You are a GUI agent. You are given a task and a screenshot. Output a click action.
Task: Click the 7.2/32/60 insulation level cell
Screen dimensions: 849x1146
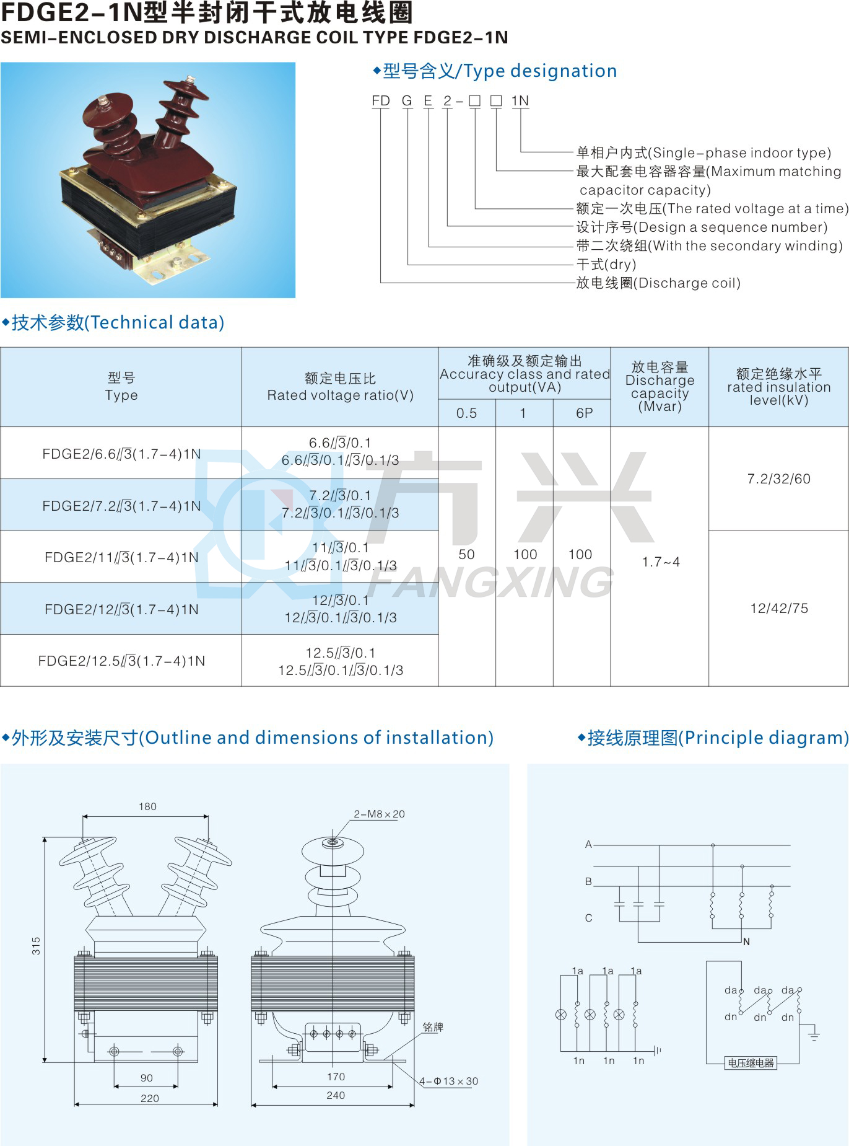(778, 478)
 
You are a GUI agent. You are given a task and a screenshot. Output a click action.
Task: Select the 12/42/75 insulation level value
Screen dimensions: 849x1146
(779, 608)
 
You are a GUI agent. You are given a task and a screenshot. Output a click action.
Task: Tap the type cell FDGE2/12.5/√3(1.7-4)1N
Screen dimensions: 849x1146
(121, 661)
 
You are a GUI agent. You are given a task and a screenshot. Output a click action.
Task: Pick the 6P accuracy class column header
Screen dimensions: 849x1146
(584, 413)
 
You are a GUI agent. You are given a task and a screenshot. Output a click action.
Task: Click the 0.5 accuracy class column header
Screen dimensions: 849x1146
(466, 413)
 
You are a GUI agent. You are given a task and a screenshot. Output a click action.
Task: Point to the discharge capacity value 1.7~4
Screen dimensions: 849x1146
(661, 562)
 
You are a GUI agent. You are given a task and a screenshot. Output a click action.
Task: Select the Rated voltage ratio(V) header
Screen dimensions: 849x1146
(340, 395)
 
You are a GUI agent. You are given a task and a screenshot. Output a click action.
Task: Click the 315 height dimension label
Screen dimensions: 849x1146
(36, 945)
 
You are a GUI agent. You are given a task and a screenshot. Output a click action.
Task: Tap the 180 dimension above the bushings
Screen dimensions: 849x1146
(147, 806)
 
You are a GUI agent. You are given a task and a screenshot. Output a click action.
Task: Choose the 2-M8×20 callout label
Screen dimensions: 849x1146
(379, 814)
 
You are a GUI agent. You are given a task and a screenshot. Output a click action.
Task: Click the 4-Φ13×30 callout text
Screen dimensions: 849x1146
(448, 1081)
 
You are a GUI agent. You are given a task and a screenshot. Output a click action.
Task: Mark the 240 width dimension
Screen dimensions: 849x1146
(336, 1095)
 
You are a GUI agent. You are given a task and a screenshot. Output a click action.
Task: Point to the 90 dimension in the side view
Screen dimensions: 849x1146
(147, 1078)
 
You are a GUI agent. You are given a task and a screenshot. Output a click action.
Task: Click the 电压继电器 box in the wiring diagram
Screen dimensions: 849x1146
(751, 1063)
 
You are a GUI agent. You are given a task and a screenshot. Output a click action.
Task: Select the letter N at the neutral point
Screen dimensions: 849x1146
(746, 941)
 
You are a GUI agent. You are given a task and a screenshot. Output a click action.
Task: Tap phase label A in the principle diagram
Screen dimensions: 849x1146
(588, 844)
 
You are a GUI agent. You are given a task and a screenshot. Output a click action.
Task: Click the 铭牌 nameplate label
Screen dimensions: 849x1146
(433, 1027)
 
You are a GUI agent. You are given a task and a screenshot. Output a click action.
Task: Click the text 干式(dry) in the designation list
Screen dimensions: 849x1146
(606, 265)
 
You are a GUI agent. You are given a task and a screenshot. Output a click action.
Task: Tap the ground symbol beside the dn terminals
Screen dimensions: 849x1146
(813, 1033)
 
